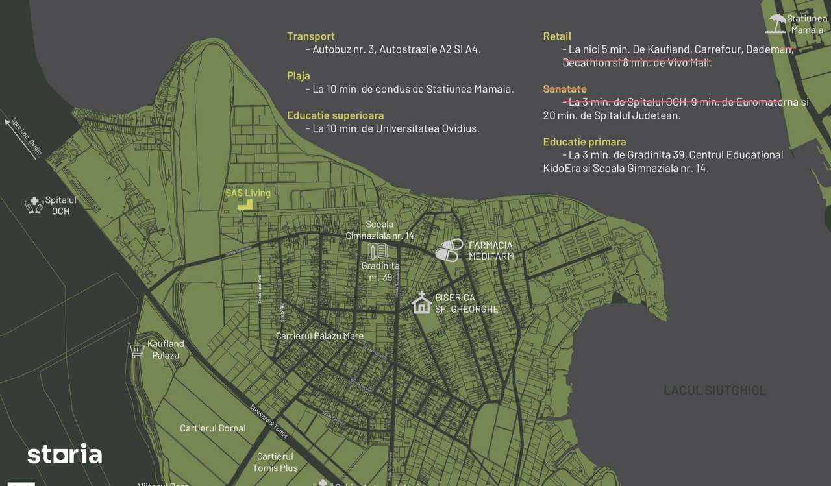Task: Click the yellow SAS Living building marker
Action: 245,204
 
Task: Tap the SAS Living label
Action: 248,193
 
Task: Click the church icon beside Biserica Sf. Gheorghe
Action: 421,303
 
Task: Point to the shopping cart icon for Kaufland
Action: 136,350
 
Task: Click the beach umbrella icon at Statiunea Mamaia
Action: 776,24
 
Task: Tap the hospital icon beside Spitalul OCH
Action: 34,206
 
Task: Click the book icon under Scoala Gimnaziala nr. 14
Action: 377,250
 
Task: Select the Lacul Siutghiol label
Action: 714,390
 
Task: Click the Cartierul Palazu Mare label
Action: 319,336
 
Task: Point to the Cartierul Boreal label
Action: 213,428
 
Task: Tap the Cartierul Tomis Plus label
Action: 275,462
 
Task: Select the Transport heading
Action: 310,36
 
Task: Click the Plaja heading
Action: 299,76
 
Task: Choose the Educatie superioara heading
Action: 335,115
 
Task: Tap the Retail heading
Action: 557,36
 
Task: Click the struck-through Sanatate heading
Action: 565,89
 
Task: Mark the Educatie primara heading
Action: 584,141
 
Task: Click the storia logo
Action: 64,454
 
